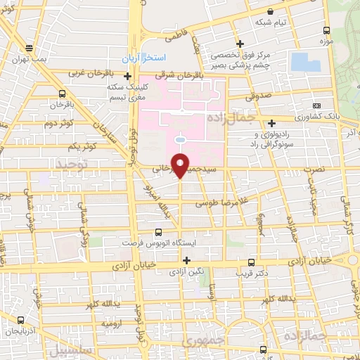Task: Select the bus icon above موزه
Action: pos(326,30)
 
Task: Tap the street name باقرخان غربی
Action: pos(89,72)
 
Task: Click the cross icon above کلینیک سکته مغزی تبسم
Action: pos(127,76)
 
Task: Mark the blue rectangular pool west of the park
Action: pos(304,60)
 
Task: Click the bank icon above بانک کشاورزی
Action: pos(326,104)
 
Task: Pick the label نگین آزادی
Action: pos(187,271)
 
